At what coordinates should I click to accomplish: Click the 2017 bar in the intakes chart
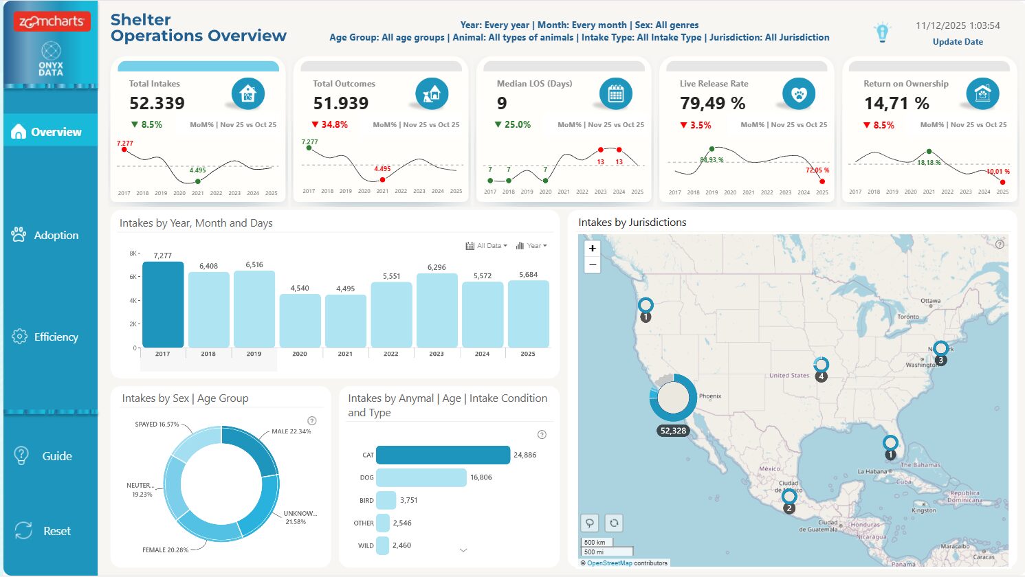click(163, 305)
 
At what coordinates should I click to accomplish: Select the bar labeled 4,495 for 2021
click(345, 321)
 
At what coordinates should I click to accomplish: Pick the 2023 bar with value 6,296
click(437, 310)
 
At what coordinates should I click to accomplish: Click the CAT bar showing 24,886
click(443, 455)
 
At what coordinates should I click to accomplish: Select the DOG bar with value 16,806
click(421, 477)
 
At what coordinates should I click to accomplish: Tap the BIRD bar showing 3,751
click(386, 500)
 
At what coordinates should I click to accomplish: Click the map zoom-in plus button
click(592, 248)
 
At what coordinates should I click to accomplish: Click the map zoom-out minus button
click(592, 265)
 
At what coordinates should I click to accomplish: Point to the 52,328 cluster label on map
click(673, 431)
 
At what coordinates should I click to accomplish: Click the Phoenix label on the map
click(709, 396)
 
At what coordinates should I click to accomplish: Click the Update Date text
click(957, 42)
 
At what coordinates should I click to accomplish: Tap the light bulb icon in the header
click(882, 32)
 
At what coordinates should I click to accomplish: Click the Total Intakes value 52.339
click(157, 104)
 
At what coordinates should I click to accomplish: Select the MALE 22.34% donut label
click(291, 431)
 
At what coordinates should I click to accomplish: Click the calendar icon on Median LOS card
click(615, 94)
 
